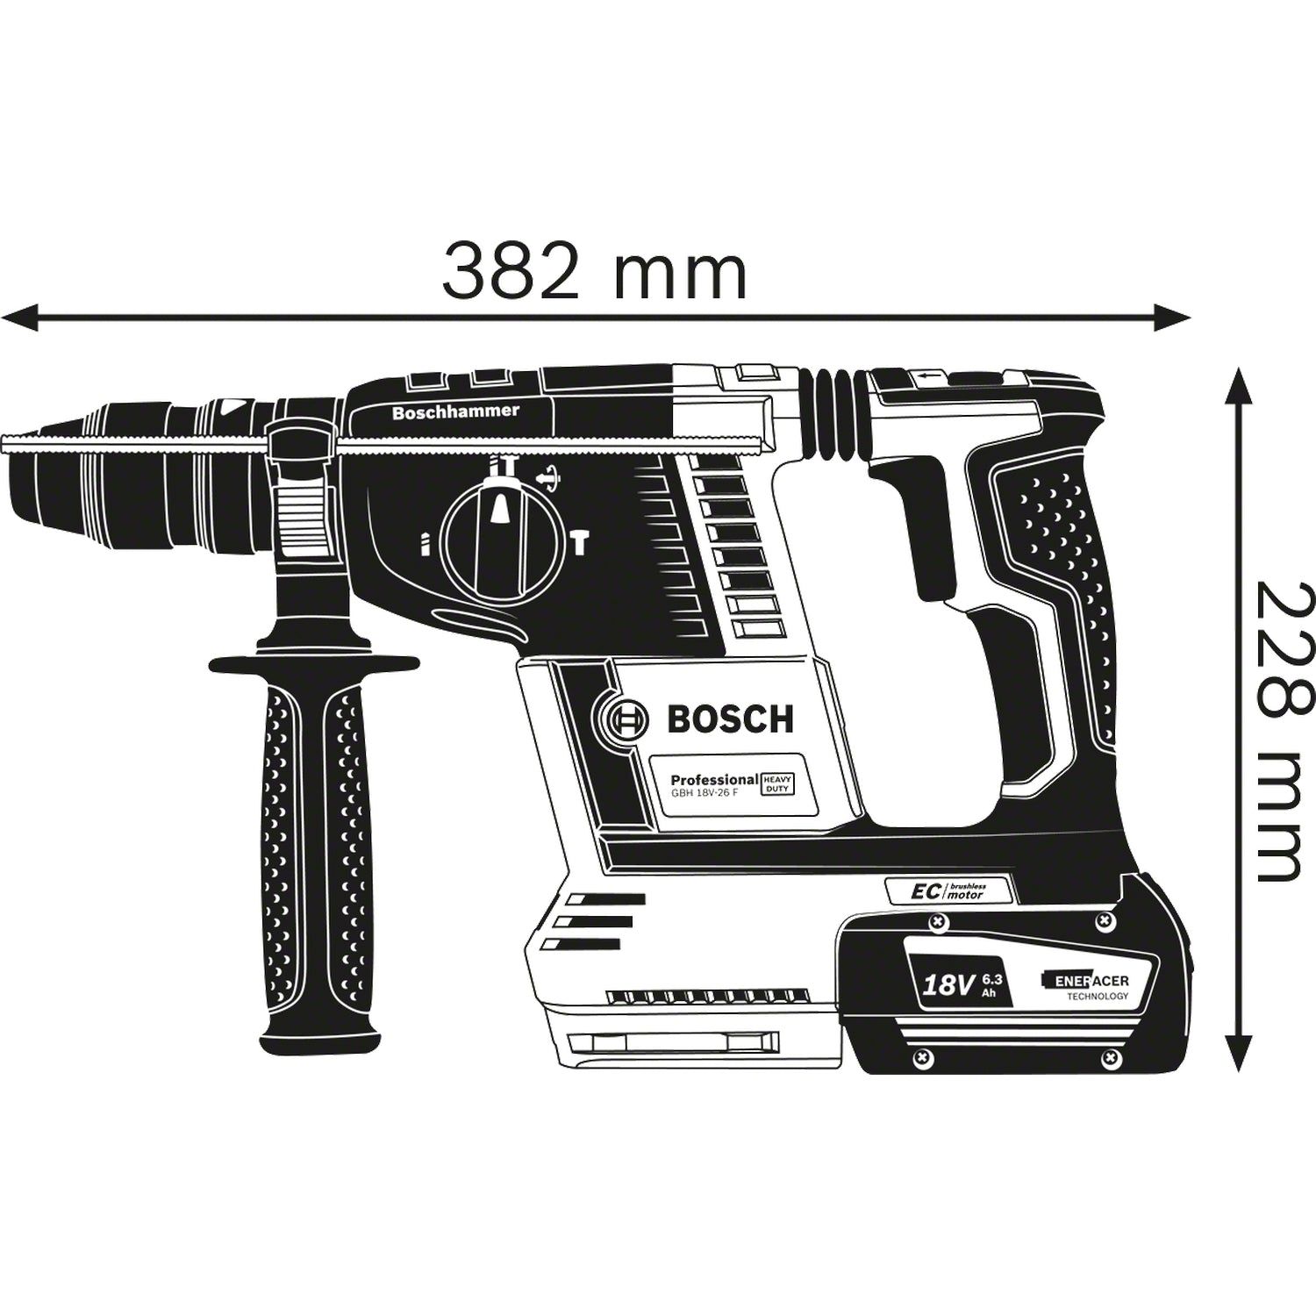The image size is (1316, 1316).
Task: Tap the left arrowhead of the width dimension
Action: [x=19, y=318]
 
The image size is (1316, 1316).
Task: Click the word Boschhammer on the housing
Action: [x=455, y=411]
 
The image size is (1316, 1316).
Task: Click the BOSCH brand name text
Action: [x=730, y=719]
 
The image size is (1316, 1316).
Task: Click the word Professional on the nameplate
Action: [x=713, y=779]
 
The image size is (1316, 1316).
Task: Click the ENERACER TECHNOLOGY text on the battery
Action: [x=1086, y=986]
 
